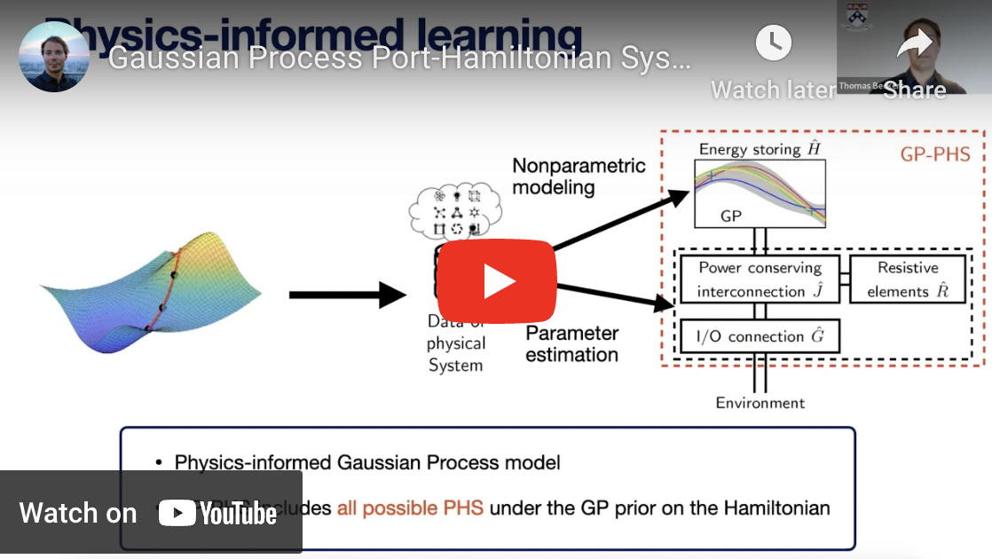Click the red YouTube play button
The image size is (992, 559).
tap(496, 281)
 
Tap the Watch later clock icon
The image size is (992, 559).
tap(773, 43)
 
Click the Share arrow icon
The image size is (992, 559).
tap(914, 43)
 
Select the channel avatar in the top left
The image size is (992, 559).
tap(54, 57)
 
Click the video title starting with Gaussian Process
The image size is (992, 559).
tap(398, 59)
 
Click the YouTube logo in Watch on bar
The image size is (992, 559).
tap(218, 514)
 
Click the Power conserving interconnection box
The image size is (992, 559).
tap(760, 279)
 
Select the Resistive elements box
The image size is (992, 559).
tap(908, 279)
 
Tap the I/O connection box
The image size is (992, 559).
tap(759, 336)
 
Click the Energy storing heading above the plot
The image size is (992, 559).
tap(760, 149)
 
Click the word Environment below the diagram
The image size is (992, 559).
tap(760, 403)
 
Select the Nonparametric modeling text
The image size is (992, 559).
tap(579, 177)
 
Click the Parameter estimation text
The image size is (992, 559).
tap(572, 344)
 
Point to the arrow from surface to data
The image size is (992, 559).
tap(346, 295)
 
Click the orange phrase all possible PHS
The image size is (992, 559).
tap(410, 508)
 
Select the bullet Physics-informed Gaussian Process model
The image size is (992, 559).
tap(367, 462)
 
